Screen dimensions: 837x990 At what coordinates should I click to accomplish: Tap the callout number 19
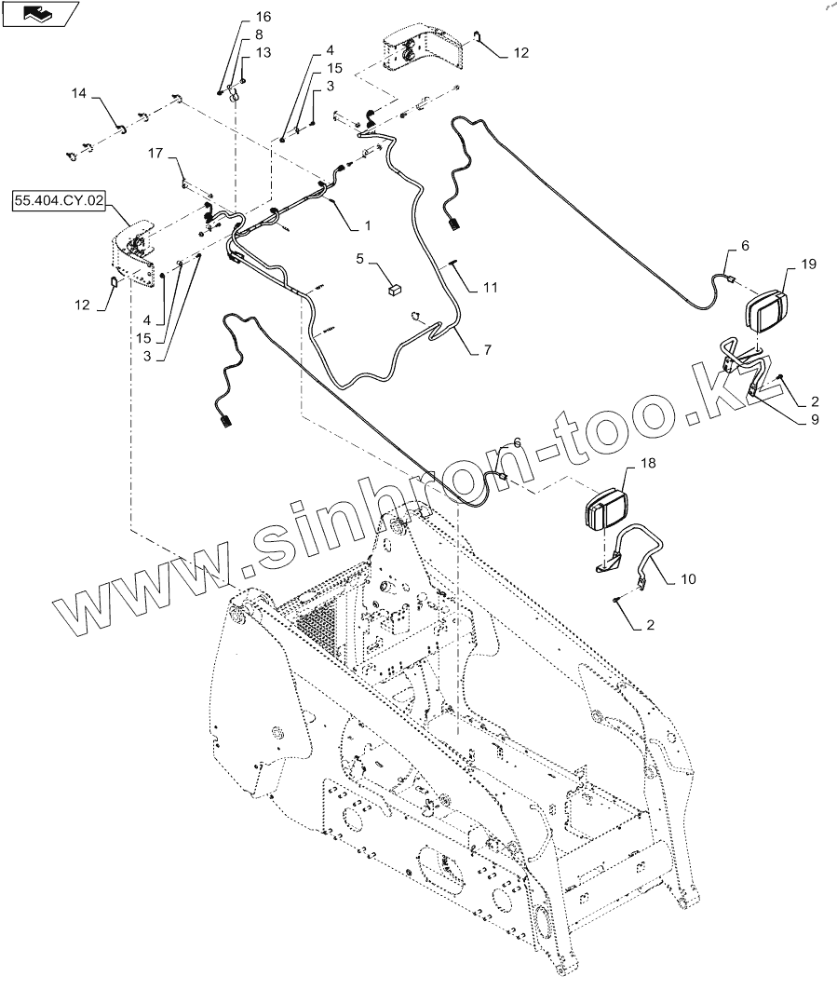click(807, 264)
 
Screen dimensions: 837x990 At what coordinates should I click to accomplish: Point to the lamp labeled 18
click(604, 509)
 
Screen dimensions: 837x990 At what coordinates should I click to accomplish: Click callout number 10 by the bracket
click(687, 579)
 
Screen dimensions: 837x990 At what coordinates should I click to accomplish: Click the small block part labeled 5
click(393, 290)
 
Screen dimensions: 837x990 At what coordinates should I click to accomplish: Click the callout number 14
click(79, 93)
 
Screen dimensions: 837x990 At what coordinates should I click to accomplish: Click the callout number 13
click(263, 53)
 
